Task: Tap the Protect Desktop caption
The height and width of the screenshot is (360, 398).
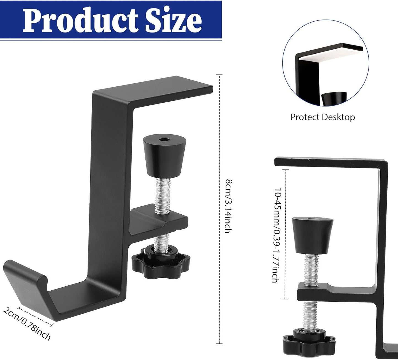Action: (x=323, y=117)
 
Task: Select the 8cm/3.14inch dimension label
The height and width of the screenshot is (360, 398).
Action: (x=228, y=206)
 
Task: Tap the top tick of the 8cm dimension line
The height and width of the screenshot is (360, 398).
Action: (x=219, y=75)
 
